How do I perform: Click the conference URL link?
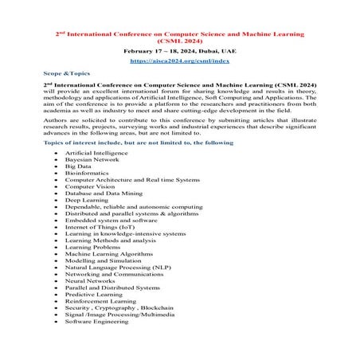click(180, 61)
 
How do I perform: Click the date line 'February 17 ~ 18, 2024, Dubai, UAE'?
click(180, 50)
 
